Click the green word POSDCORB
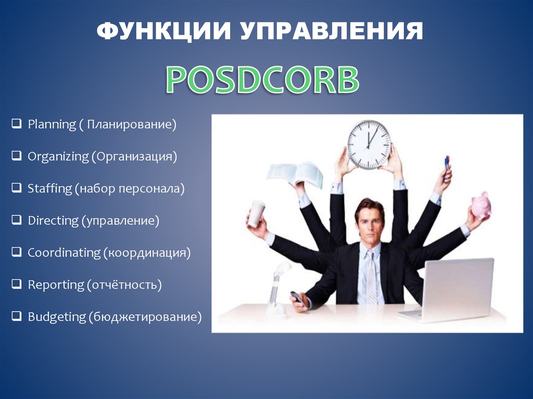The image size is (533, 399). pos(262,80)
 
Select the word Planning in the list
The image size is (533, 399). pos(52,125)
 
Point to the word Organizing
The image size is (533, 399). pos(58,157)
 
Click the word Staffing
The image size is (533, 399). pos(49,189)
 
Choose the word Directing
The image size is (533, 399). pos(53,221)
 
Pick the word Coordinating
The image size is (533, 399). pos(64,253)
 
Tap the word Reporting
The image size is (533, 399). pos(55,285)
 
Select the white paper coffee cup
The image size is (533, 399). pos(256,213)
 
